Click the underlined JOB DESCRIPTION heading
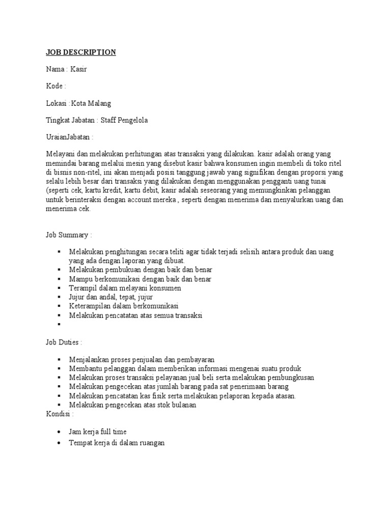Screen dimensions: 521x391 click(81, 52)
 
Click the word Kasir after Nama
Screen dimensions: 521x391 click(78, 69)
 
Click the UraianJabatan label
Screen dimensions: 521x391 click(69, 137)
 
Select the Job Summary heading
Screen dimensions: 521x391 click(69, 235)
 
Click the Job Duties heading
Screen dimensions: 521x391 click(64, 342)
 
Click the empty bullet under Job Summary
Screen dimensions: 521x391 click(60, 324)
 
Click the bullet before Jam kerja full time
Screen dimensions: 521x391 click(60, 432)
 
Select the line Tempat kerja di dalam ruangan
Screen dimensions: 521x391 click(117, 443)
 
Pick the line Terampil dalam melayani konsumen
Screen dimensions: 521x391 click(125, 288)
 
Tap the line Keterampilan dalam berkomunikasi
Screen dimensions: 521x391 click(123, 306)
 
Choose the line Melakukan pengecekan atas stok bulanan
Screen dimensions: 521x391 click(132, 405)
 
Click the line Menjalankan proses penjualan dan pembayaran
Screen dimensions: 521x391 click(138, 359)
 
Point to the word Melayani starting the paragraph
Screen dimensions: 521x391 click(60, 154)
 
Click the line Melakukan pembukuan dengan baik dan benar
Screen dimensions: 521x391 click(141, 270)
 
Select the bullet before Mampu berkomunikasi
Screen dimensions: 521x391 click(60, 279)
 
